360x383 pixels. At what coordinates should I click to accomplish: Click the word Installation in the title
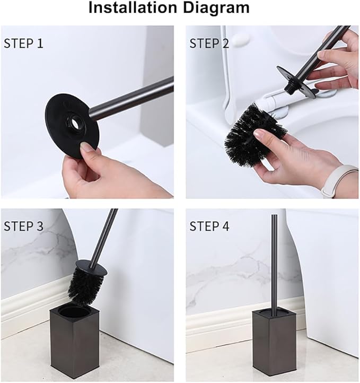[x=132, y=8]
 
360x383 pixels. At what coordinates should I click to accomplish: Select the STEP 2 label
[x=209, y=43]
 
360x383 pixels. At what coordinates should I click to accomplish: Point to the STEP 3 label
[x=23, y=227]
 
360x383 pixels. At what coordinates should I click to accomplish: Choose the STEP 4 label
[x=209, y=227]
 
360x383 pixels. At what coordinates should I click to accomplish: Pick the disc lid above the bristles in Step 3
[x=91, y=268]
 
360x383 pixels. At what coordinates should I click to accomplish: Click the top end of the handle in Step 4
[x=274, y=217]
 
